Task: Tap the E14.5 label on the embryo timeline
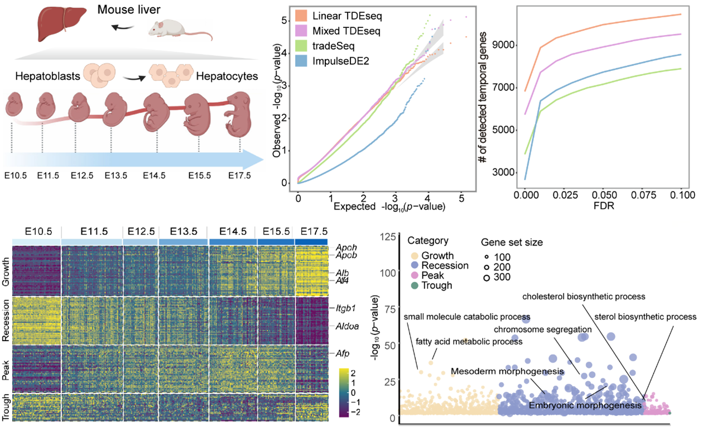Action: click(x=155, y=176)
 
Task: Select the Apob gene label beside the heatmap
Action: click(x=346, y=256)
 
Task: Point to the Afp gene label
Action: click(x=343, y=353)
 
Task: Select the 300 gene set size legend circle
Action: click(x=487, y=277)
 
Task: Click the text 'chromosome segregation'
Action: click(x=534, y=329)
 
